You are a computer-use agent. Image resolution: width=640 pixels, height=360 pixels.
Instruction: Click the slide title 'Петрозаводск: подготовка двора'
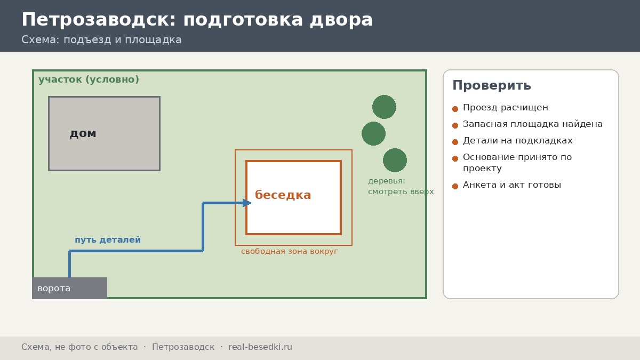point(197,20)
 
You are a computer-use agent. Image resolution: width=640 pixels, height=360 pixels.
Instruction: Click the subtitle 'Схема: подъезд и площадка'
point(101,39)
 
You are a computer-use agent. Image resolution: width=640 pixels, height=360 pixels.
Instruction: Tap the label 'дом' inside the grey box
point(83,133)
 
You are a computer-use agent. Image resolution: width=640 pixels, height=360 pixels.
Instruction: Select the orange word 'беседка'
point(283,195)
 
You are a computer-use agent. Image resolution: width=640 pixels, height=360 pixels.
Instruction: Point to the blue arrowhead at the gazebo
point(247,203)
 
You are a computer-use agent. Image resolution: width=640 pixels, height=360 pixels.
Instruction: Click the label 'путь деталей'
point(108,239)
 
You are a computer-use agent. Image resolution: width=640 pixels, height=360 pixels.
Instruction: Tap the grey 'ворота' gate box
point(70,288)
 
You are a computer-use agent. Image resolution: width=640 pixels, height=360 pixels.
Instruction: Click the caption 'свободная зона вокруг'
point(290,251)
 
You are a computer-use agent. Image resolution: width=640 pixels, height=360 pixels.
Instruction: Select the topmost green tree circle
point(385,107)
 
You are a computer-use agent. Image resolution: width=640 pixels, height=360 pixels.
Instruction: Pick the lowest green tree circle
point(395,160)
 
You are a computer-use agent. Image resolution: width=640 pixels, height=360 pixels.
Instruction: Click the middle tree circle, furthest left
point(373,133)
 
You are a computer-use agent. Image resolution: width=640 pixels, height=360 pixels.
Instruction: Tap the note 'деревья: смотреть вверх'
point(401,186)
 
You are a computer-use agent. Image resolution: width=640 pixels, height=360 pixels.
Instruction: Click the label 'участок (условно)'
point(89,79)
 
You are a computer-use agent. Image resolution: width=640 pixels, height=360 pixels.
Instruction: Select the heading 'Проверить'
point(492,85)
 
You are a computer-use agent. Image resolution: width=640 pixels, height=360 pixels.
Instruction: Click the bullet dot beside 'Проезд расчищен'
point(455,109)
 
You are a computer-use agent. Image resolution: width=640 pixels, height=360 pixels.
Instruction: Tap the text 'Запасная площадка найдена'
point(533,124)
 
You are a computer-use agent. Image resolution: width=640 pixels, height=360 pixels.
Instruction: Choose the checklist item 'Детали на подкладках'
point(518,141)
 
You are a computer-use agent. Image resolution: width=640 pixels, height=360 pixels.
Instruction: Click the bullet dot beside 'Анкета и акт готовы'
point(455,186)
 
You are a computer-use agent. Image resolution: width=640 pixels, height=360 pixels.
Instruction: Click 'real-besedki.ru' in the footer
point(260,347)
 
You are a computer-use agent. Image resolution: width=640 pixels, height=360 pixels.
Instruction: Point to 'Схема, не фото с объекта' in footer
point(79,347)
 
